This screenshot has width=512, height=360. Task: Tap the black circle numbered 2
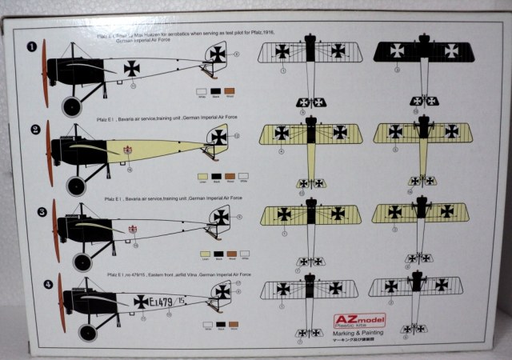click(x=34, y=129)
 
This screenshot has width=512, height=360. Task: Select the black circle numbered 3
click(x=34, y=212)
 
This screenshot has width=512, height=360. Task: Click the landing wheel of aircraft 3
click(x=82, y=262)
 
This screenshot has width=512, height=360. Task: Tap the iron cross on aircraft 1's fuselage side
click(x=131, y=69)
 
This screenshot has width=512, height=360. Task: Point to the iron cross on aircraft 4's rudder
click(x=222, y=291)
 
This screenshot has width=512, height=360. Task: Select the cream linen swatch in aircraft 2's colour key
click(x=202, y=174)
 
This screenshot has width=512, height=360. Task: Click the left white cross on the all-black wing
click(x=398, y=50)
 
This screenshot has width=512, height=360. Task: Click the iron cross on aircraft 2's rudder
click(x=218, y=138)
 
